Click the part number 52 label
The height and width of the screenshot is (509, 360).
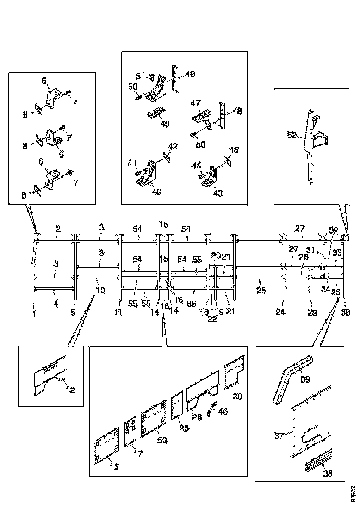[x=292, y=135]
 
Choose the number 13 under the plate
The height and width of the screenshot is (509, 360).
[x=114, y=467]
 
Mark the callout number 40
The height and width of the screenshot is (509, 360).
[x=157, y=192]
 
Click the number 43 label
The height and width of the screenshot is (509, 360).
[x=217, y=193]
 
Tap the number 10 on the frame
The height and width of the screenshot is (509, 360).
[x=100, y=290]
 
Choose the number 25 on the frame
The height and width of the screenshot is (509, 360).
[x=261, y=291]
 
